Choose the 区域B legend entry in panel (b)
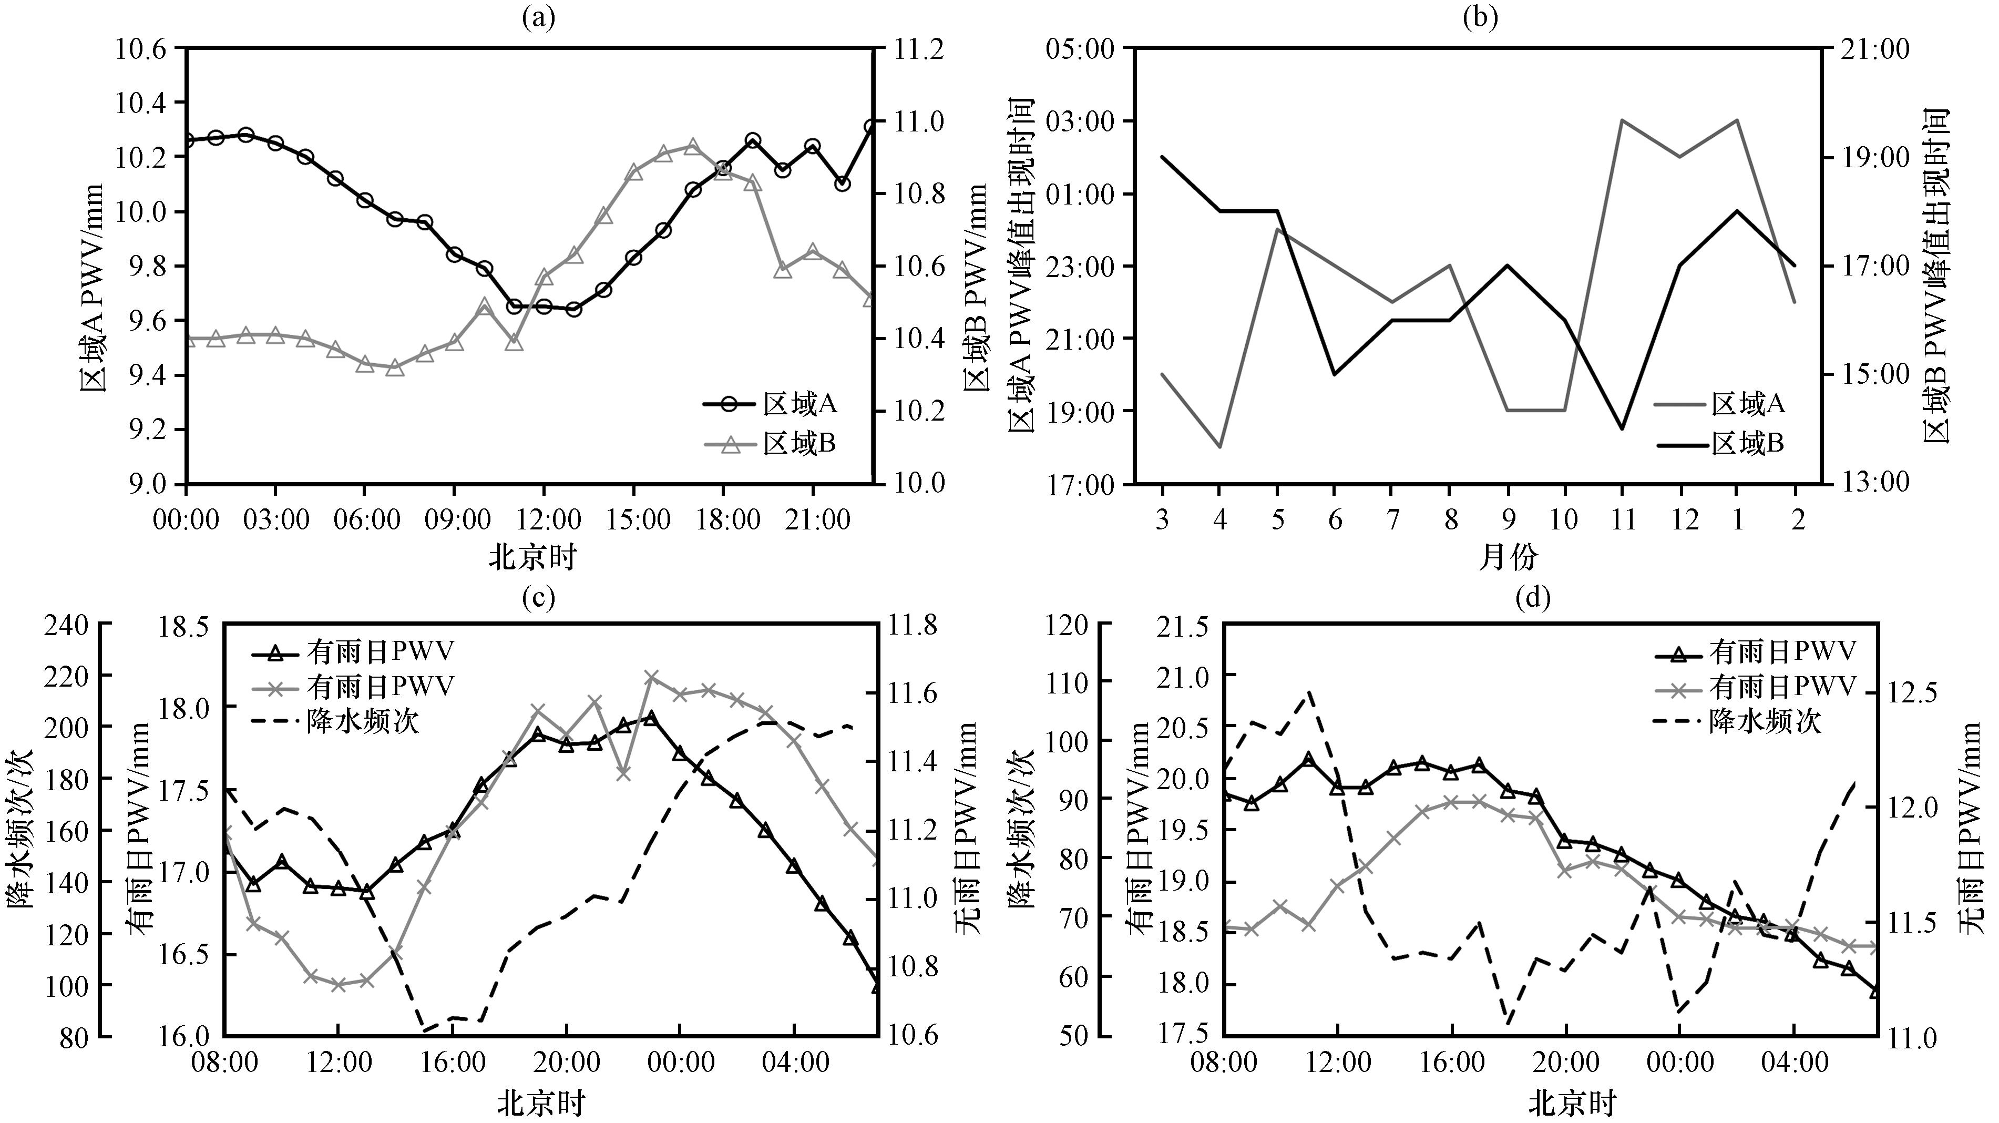[1720, 444]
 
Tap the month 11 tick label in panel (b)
[1623, 518]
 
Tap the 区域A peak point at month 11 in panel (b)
[1623, 120]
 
